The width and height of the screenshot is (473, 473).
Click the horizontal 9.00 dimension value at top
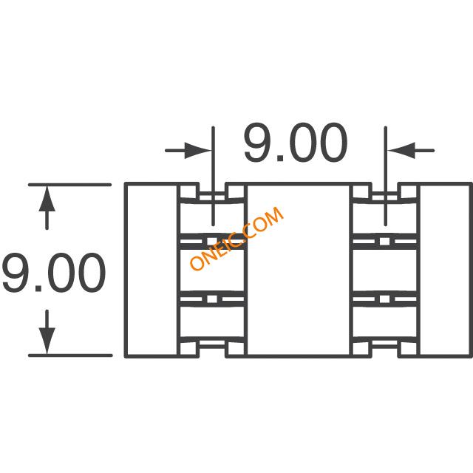coord(296,142)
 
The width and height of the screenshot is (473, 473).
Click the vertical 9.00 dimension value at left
coord(54,273)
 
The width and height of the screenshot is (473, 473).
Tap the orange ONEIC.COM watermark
coord(236,238)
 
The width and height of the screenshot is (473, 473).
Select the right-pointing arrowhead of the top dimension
coord(197,150)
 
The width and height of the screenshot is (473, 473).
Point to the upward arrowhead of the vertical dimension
coord(47,199)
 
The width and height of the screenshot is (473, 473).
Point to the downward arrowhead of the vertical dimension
coord(47,341)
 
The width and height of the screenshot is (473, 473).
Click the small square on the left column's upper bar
coord(212,242)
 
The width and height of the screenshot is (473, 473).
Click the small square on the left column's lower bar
coord(212,299)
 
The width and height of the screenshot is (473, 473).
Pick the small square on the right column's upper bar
coord(384,242)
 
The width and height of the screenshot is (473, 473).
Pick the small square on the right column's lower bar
coord(384,299)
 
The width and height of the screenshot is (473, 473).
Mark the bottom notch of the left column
coord(212,350)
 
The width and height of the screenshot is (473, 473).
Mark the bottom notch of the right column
coord(385,350)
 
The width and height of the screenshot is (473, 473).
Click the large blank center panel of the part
coord(299,270)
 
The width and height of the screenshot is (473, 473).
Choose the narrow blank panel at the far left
coord(152,270)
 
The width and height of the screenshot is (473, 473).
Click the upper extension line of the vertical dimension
coord(70,185)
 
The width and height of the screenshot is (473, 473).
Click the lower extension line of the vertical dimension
coord(70,355)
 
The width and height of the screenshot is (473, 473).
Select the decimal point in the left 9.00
coord(38,288)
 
